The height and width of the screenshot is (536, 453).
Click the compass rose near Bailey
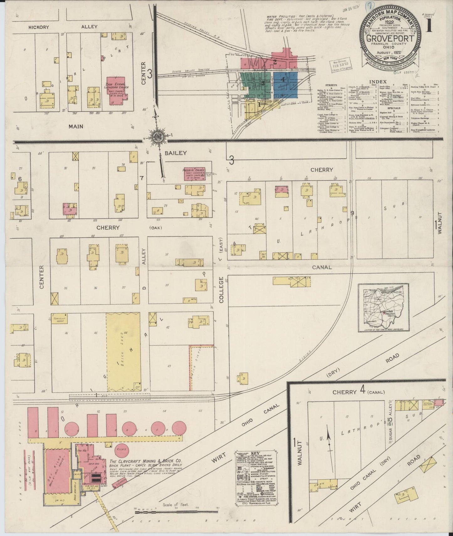click(156, 137)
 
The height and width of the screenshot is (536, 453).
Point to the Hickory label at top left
click(39, 27)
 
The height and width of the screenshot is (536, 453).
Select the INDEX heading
click(377, 81)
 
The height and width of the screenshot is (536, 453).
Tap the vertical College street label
click(221, 289)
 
